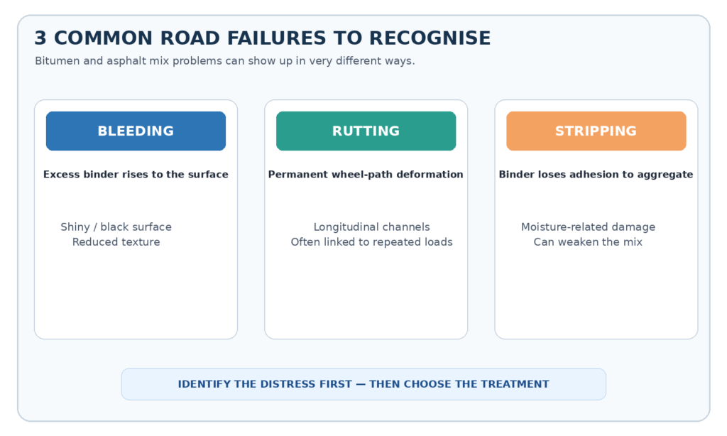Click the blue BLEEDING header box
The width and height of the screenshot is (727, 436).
tap(136, 131)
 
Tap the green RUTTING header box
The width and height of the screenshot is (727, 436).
tap(366, 131)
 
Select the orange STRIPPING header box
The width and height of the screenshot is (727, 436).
tap(596, 131)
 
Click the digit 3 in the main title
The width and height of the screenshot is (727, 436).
tap(40, 38)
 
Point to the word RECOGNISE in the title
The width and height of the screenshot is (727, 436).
tap(430, 38)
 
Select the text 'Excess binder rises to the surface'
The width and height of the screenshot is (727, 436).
tap(136, 175)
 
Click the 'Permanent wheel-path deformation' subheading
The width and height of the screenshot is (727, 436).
tap(366, 175)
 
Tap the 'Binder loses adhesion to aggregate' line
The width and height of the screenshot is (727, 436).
tap(596, 175)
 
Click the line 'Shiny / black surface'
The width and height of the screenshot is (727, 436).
tap(116, 227)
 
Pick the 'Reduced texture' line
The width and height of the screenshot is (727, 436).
tap(116, 241)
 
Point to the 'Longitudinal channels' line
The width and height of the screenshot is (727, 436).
tap(372, 227)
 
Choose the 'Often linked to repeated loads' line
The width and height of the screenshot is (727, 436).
tap(372, 241)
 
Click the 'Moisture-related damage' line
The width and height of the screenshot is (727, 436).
tap(588, 227)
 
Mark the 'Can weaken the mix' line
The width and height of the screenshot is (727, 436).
tap(588, 241)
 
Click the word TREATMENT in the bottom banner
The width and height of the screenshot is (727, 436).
tap(515, 384)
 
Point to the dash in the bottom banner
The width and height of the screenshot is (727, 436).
tap(360, 384)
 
